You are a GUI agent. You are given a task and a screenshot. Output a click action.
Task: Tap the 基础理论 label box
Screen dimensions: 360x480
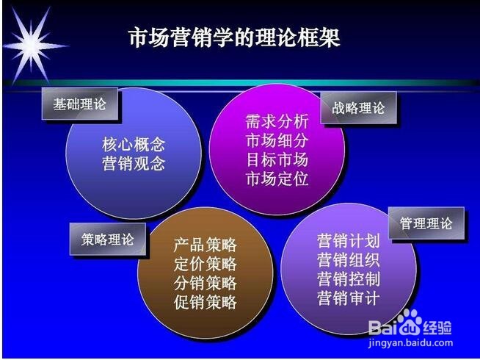[79, 104]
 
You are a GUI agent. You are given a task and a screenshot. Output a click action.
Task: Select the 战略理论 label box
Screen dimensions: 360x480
[358, 108]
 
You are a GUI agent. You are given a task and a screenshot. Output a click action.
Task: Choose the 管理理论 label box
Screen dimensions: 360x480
[426, 223]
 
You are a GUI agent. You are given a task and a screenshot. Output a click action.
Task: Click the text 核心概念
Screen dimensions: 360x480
[134, 144]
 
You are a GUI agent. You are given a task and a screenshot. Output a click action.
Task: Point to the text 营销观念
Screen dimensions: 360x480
[134, 163]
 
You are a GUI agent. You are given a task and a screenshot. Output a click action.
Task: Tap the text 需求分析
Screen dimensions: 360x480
[277, 121]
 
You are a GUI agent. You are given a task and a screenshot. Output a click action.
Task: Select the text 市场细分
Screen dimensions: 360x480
[277, 140]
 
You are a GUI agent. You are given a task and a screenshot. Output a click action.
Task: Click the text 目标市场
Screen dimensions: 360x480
[277, 159]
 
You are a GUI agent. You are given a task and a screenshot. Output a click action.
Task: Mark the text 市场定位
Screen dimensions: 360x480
[277, 179]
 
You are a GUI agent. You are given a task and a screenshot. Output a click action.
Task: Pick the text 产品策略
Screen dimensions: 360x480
[206, 245]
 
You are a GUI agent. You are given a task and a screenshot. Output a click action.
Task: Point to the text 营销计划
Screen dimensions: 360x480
[349, 241]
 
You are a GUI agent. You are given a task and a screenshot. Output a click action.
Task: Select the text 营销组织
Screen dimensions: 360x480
[349, 260]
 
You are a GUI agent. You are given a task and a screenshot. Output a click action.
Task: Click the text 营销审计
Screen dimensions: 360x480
[349, 298]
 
